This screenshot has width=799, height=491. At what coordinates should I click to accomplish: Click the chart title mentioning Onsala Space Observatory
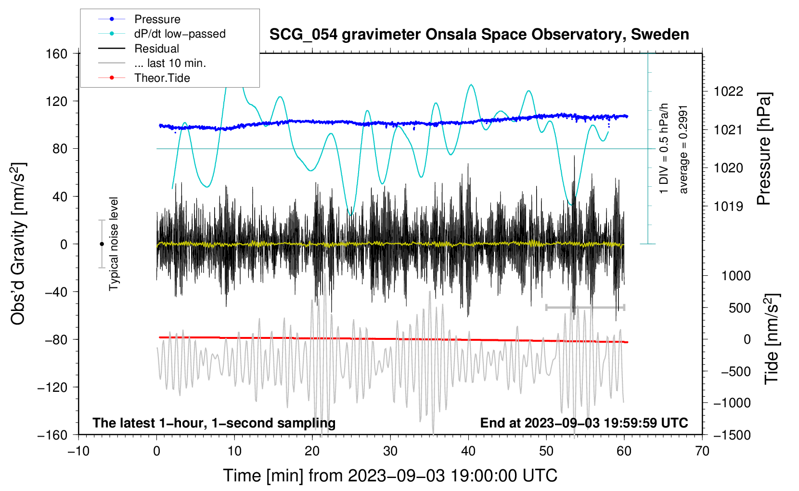[479, 35]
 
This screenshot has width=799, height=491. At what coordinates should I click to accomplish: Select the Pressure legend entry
[157, 19]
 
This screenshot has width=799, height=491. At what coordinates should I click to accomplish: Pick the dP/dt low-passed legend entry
[180, 34]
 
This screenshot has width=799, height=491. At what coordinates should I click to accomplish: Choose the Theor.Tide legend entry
[162, 78]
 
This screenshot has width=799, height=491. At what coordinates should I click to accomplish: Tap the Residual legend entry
[156, 49]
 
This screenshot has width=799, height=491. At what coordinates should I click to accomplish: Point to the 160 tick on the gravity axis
[57, 53]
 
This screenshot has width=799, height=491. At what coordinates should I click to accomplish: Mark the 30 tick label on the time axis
[390, 451]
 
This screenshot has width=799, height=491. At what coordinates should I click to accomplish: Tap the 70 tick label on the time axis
[702, 451]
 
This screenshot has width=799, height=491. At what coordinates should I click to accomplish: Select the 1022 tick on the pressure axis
[728, 91]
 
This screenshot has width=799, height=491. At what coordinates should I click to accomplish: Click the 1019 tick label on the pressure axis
[728, 207]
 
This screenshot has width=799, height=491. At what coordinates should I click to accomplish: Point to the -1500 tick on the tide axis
[732, 435]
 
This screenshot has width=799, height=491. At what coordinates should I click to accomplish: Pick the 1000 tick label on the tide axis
[736, 276]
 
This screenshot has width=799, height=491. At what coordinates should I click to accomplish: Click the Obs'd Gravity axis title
[18, 244]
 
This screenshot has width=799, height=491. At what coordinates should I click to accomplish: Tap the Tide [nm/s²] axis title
[772, 338]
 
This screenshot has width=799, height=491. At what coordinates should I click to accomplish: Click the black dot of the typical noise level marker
[102, 244]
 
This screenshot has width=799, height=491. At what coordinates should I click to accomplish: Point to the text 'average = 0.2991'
[683, 149]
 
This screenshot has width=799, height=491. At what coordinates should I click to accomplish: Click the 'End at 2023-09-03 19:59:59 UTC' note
[584, 423]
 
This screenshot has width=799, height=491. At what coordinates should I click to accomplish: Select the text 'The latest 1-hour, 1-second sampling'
[214, 423]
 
